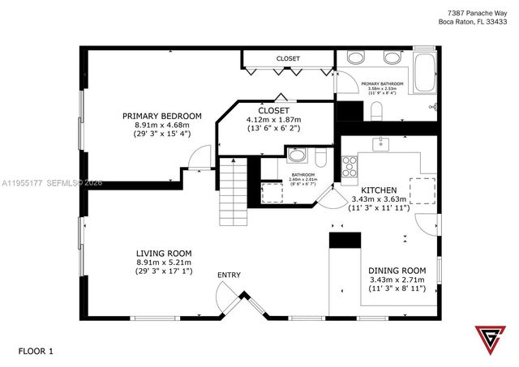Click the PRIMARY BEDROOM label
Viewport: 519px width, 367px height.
pos(162,116)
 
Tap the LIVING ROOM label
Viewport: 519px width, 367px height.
pos(163,254)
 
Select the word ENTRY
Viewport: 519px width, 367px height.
pos(229,275)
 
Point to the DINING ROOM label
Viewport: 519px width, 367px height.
pos(397,271)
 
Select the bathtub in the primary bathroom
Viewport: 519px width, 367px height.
pos(425,75)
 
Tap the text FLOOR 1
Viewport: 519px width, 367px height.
pos(35,351)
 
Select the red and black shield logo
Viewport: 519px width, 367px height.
pos(489,341)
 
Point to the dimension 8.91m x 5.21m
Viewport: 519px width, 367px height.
pos(163,262)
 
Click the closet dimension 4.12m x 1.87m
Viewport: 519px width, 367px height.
pos(273,119)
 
